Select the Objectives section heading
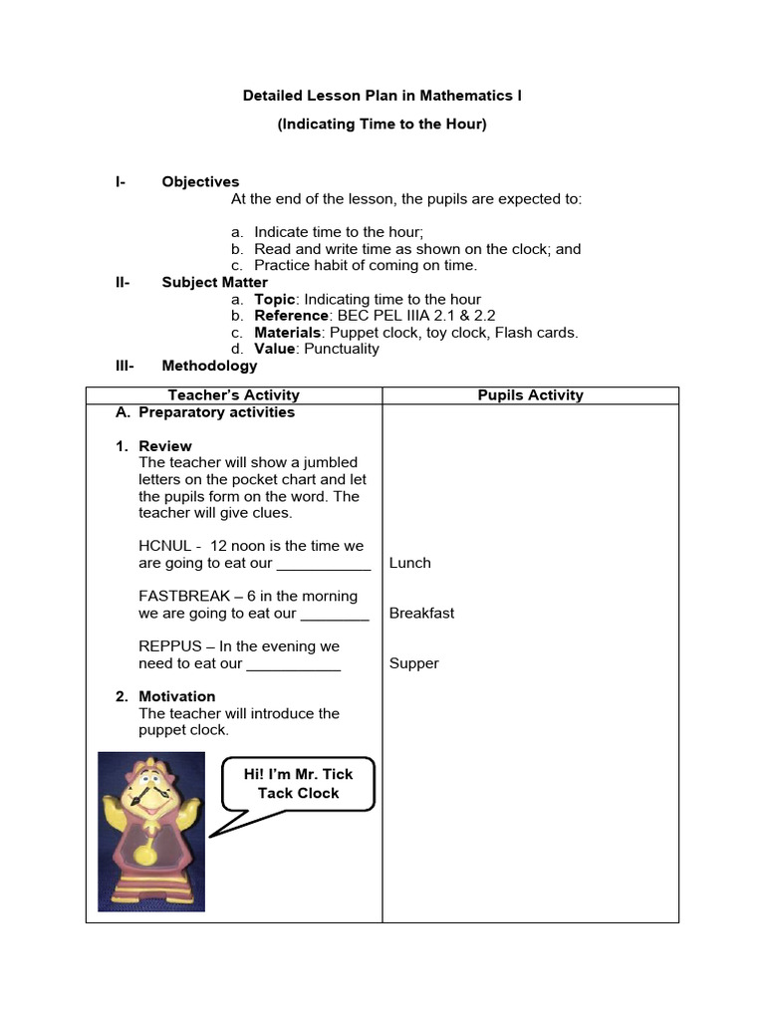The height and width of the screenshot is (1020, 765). pyautogui.click(x=200, y=181)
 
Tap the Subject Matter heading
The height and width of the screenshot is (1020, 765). pyautogui.click(x=214, y=282)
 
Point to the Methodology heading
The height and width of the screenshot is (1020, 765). pyautogui.click(x=209, y=366)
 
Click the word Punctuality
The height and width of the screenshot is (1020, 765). pyautogui.click(x=342, y=349)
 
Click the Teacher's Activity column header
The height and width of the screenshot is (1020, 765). pyautogui.click(x=234, y=395)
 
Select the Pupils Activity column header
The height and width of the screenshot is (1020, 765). pyautogui.click(x=530, y=395)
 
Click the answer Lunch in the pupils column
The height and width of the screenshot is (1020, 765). pyautogui.click(x=409, y=563)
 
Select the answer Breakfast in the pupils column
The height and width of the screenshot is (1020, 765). pyautogui.click(x=421, y=613)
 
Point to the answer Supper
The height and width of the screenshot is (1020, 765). pyautogui.click(x=413, y=663)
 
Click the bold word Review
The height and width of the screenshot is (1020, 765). pyautogui.click(x=165, y=445)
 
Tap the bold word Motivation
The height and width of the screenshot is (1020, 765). pyautogui.click(x=176, y=696)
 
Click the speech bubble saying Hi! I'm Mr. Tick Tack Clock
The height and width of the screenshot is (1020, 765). pyautogui.click(x=298, y=783)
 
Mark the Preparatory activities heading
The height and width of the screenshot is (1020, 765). pyautogui.click(x=216, y=412)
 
